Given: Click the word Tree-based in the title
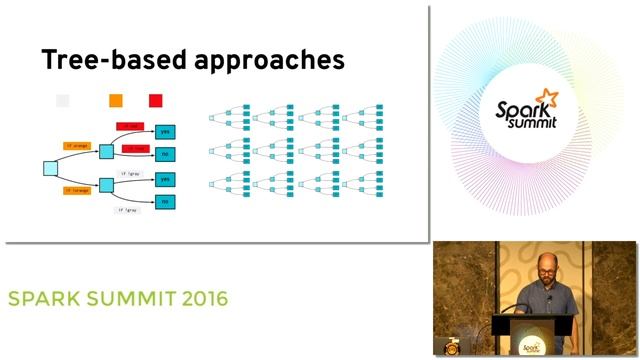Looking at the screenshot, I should pyautogui.click(x=104, y=60).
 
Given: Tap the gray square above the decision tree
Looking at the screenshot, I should pyautogui.click(x=63, y=100).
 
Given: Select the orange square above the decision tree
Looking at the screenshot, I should pyautogui.click(x=116, y=100).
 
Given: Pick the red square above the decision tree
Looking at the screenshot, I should pyautogui.click(x=156, y=100).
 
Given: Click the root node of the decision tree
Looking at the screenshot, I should pyautogui.click(x=50, y=167).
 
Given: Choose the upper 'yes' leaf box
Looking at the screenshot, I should pyautogui.click(x=165, y=131).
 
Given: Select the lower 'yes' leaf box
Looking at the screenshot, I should pyautogui.click(x=165, y=179).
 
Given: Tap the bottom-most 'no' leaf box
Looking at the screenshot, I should pyautogui.click(x=165, y=201).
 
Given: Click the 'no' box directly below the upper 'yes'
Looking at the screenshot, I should pyautogui.click(x=165, y=153).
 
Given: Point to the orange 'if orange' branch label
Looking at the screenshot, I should pyautogui.click(x=76, y=146).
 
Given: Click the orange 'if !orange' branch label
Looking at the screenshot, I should pyautogui.click(x=76, y=189).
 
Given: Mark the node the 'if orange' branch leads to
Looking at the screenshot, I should pyautogui.click(x=107, y=151).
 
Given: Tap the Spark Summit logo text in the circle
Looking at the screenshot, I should pyautogui.click(x=529, y=113).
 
